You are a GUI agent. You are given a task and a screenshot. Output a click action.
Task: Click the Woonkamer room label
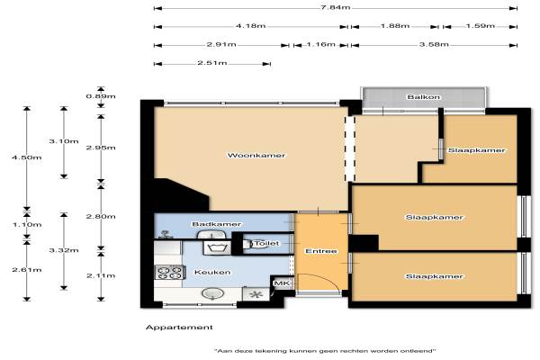[x=256, y=156]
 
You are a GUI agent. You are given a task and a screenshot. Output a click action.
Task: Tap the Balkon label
[x=423, y=97]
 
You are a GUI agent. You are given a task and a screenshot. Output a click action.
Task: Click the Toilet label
[x=266, y=244]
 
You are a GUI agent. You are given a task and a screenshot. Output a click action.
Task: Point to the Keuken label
[x=212, y=272]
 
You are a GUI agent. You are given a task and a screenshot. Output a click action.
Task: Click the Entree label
[x=321, y=251]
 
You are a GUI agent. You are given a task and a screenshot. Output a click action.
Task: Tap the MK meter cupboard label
[x=282, y=283]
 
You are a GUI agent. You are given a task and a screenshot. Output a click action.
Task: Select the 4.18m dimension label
[x=250, y=26]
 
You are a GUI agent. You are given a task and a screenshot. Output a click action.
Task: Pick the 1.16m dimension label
[x=320, y=44]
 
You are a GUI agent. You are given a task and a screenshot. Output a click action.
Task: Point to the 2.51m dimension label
[x=212, y=63]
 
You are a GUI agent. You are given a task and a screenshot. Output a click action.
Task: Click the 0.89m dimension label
[x=101, y=96]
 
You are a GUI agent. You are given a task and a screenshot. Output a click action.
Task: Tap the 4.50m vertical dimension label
[x=26, y=157]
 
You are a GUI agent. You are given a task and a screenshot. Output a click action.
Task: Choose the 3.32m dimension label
[x=64, y=250]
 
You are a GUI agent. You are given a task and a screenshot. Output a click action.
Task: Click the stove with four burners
[x=168, y=272]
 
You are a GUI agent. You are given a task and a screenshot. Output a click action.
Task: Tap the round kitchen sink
[x=212, y=293]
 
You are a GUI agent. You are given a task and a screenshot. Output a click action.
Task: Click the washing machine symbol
[x=217, y=247]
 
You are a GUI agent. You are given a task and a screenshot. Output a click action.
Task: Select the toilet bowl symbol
[x=250, y=244]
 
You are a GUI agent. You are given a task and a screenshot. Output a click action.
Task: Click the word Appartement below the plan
[x=179, y=328]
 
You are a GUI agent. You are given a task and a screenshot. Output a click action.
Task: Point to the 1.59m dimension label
[x=480, y=26]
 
